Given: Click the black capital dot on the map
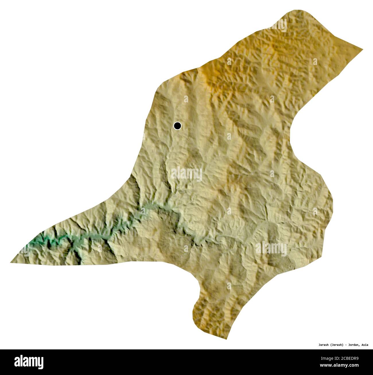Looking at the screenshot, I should pos(178,126).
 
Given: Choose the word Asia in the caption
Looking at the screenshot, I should pos(365,345).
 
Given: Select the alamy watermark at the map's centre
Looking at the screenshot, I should pos(187,174).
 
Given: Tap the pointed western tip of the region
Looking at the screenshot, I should pos(11,262).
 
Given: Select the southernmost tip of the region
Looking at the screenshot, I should pos(227,339).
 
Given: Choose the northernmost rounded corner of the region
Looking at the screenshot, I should pos(298,11).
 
